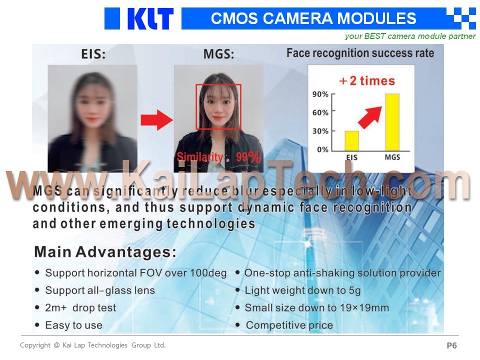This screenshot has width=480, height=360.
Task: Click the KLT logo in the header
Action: [139, 18]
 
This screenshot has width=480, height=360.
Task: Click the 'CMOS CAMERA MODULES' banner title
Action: [313, 18]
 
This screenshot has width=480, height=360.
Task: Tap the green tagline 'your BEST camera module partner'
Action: [410, 36]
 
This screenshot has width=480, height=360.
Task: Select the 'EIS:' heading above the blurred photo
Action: [93, 54]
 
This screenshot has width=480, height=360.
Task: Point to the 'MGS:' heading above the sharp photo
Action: [218, 54]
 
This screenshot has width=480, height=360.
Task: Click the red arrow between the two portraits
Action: [156, 120]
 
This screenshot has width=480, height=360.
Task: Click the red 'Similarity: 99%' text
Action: [219, 157]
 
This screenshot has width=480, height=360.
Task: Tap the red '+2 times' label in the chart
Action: [366, 81]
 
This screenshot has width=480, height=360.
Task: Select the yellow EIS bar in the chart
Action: [351, 141]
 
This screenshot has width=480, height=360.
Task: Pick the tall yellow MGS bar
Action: [392, 122]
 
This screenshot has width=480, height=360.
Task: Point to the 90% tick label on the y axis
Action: [320, 94]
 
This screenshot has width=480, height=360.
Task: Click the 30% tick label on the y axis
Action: [320, 131]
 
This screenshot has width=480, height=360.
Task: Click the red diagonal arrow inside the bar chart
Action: [370, 117]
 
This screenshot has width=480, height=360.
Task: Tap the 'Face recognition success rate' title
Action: [360, 53]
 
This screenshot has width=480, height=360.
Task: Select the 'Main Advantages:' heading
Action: [105, 252]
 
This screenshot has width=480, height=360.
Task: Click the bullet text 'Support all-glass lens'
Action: [100, 290]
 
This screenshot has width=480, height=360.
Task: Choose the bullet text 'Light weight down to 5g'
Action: [302, 290]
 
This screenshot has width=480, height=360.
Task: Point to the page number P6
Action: [452, 345]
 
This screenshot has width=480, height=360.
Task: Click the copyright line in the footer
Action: [93, 345]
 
